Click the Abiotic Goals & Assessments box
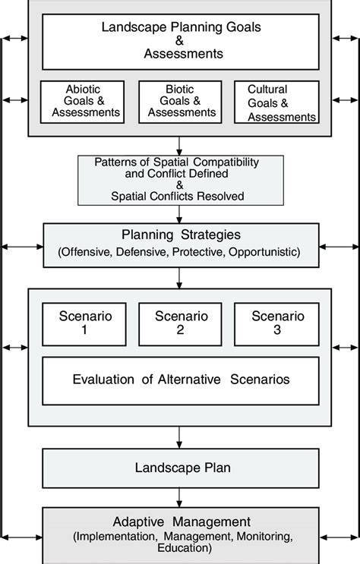pos(83,102)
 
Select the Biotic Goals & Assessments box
pos(180,102)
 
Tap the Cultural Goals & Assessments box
pos(277,102)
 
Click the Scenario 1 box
pos(84,324)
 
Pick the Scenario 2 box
pos(180,324)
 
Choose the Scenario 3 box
pos(277,324)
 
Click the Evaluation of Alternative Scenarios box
pos(181,381)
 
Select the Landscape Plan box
pos(181,468)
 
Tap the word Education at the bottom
pos(185,548)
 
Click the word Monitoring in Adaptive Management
pos(264,537)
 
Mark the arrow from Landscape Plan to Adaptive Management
pos(179,498)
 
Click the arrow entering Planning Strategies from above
pos(179,214)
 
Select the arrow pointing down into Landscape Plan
pos(179,437)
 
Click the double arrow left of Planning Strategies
pos(22,247)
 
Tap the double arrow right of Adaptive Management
pos(339,537)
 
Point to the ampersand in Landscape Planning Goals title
pos(180,41)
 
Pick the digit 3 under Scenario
pos(277,330)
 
